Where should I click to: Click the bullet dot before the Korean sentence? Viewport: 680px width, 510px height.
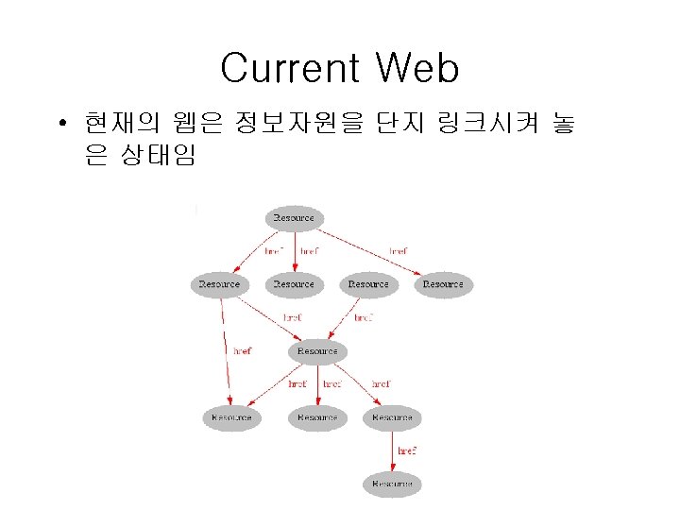point(59,123)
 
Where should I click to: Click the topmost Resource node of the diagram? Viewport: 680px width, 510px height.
point(294,218)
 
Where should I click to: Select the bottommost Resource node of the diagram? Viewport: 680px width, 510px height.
point(392,484)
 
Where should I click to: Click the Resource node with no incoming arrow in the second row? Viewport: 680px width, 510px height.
point(368,284)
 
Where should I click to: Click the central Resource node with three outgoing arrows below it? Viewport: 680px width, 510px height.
point(317,351)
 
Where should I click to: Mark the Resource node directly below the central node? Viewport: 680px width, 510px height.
point(317,417)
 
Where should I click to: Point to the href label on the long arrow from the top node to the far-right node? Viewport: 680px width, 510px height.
point(399,251)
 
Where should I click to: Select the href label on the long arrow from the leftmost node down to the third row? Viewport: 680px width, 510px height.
point(243,350)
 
